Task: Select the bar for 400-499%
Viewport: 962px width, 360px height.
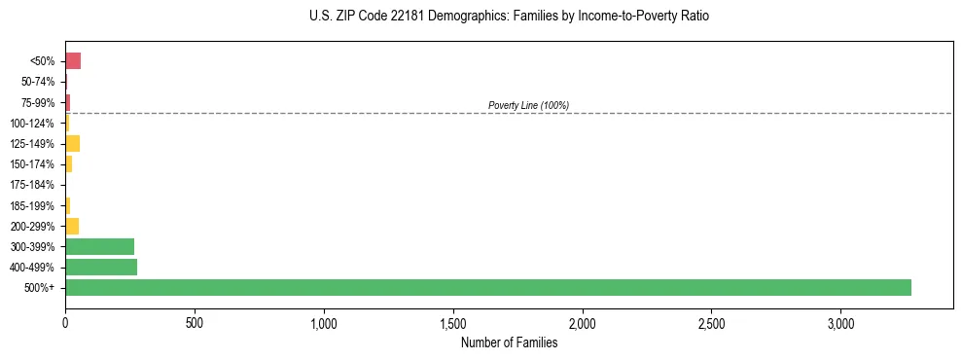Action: [101, 267]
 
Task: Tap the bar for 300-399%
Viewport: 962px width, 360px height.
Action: [99, 246]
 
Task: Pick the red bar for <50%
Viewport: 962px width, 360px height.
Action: [73, 61]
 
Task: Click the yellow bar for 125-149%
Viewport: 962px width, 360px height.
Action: [72, 144]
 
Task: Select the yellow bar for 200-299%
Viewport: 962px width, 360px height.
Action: [72, 226]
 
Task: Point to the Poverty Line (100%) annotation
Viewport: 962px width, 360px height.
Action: [528, 105]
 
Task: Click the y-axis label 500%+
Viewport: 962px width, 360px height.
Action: [40, 288]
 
